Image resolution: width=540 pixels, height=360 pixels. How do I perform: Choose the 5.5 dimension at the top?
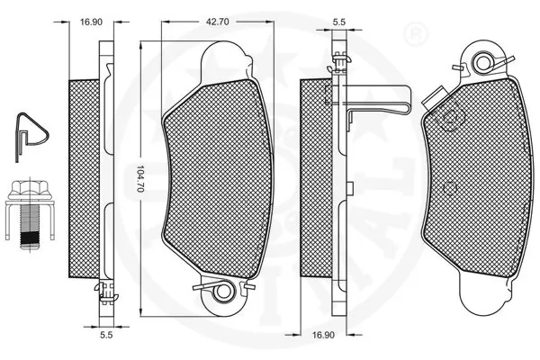(x=339, y=21)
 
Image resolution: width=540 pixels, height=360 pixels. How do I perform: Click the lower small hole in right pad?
(x=448, y=186)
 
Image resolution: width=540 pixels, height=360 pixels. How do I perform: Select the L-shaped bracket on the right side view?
(x=378, y=99)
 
